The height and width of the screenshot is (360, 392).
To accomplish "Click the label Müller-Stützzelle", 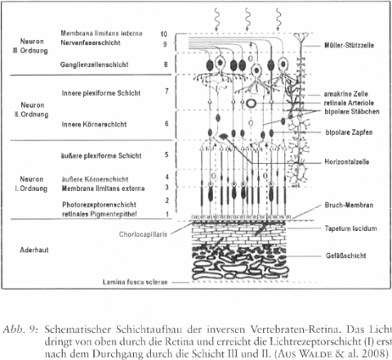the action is click(349, 45).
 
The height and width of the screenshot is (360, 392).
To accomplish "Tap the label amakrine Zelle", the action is click(345, 94).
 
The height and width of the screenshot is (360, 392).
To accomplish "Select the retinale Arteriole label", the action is click(349, 103).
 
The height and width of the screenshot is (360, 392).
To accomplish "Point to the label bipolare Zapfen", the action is click(349, 132).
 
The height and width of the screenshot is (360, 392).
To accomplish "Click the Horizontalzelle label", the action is click(347, 162).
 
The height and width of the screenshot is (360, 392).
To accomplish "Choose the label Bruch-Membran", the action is click(349, 205).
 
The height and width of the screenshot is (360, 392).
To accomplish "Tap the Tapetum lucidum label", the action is click(351, 229).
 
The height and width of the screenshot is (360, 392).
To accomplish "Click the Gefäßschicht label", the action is click(346, 256).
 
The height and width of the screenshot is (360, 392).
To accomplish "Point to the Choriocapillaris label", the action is click(143, 234).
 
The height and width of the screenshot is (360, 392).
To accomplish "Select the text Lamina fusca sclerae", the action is click(135, 282).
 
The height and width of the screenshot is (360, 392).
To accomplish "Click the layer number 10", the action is click(163, 34).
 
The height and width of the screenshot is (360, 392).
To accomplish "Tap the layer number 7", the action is click(167, 91).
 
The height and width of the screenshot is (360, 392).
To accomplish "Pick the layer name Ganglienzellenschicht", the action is click(94, 64).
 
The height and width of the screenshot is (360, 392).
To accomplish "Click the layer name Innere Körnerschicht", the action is click(94, 124).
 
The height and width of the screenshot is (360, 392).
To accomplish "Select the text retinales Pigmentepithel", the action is click(100, 214).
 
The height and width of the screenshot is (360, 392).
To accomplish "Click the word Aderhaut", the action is click(34, 250).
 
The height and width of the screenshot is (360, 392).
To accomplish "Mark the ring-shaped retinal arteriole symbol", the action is click(252, 104).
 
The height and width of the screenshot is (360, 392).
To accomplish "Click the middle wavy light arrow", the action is click(247, 19).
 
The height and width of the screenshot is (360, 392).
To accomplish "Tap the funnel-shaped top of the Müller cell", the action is click(301, 37).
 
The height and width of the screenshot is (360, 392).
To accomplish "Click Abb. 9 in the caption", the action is click(20, 330).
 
